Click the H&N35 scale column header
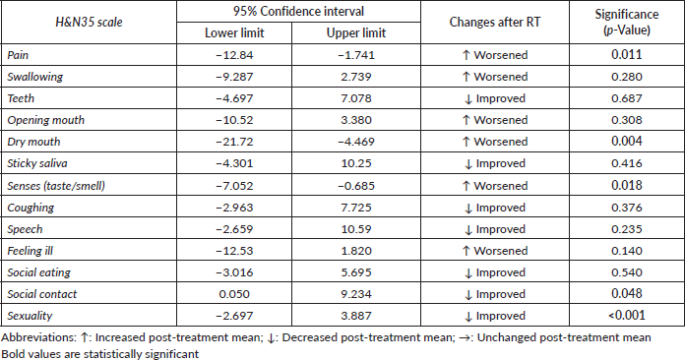pyautogui.click(x=89, y=23)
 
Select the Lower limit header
pyautogui.click(x=234, y=33)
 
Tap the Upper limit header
pyautogui.click(x=356, y=33)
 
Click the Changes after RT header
pyautogui.click(x=494, y=23)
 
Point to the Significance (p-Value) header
pyautogui.click(x=627, y=22)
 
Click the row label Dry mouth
pyautogui.click(x=33, y=142)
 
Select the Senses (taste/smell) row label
pyautogui.click(x=56, y=186)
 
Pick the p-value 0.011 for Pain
pyautogui.click(x=627, y=54)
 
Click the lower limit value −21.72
pyautogui.click(x=234, y=142)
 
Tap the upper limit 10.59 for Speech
pyautogui.click(x=356, y=229)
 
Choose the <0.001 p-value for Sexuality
pyautogui.click(x=627, y=315)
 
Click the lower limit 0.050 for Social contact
pyautogui.click(x=234, y=294)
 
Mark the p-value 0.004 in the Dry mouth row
pyautogui.click(x=627, y=142)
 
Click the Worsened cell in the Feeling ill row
pyautogui.click(x=494, y=251)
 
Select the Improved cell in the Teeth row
pyautogui.click(x=494, y=98)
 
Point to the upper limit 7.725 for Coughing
pyautogui.click(x=356, y=208)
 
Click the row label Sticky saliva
pyautogui.click(x=37, y=163)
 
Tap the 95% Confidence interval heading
pyautogui.click(x=298, y=11)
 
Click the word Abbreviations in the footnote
pyautogui.click(x=38, y=337)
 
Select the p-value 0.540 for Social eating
pyautogui.click(x=627, y=272)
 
